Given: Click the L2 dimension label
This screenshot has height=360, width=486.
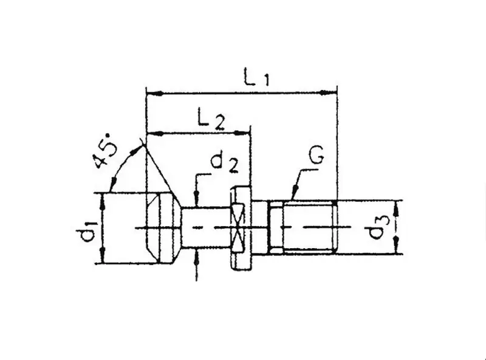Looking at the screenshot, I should coord(210,117).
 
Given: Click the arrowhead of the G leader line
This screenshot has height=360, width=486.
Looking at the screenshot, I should coord(293,196).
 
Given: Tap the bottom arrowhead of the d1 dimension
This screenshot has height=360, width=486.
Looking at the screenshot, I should coord(104,258).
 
